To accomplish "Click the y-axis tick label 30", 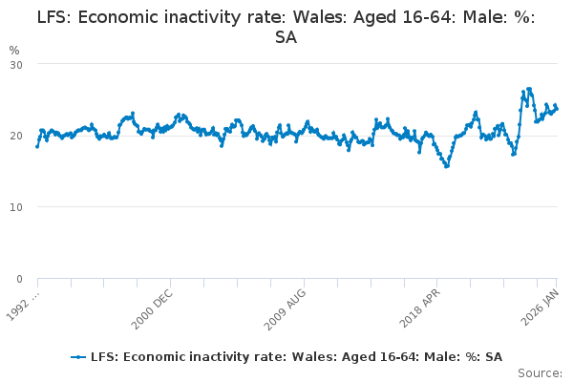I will coord(16,64).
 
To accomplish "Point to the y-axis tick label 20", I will coord(16,136).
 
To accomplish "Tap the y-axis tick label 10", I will coord(16,207).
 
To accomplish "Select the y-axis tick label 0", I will coord(19,279).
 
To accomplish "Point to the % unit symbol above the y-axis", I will coord(13,50).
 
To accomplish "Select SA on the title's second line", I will coord(286,37).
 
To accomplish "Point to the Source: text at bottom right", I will coord(541,372).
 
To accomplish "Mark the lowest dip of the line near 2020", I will coord(446,166).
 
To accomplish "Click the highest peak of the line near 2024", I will coord(529,89).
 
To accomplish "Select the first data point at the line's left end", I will coord(37,146).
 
